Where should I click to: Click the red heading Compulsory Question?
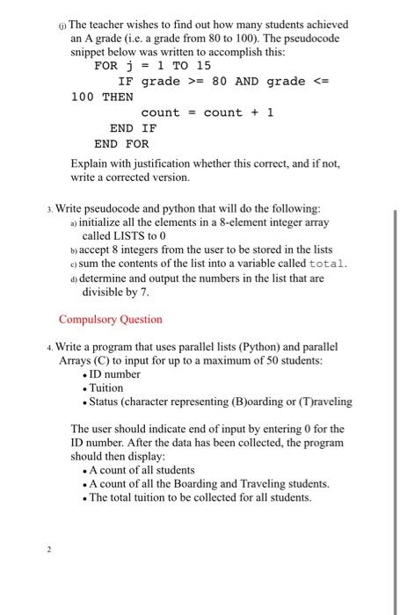[x=110, y=320]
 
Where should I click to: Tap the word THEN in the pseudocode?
[x=118, y=97]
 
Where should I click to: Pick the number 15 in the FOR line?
[x=203, y=66]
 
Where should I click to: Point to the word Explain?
[x=90, y=163]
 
